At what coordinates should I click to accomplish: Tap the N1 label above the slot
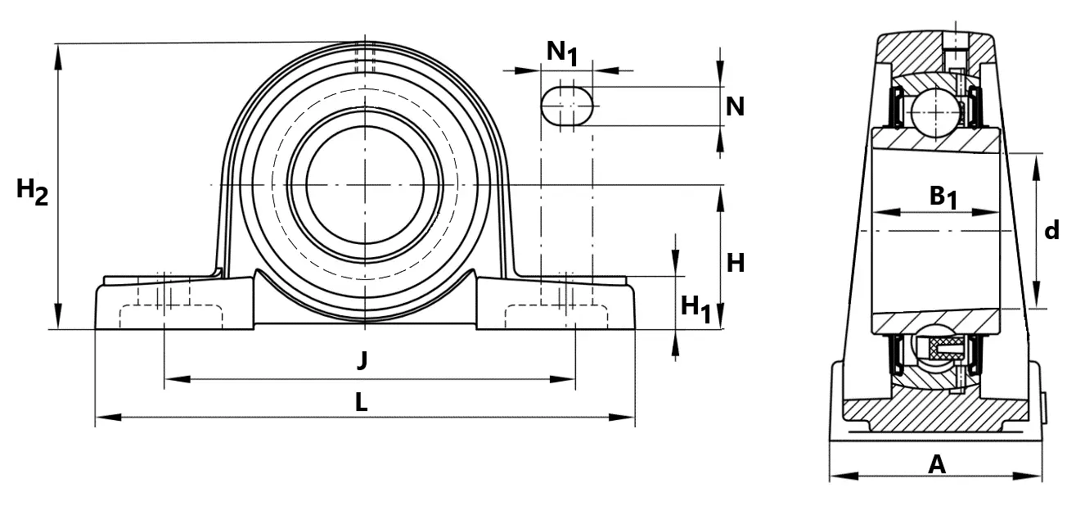coord(562,52)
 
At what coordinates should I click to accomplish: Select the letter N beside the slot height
coord(734,106)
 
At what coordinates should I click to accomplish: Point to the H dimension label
coord(736,263)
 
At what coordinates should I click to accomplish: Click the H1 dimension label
coord(696,309)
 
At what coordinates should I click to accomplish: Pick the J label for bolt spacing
coord(362,360)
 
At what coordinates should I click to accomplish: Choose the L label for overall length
coord(362,402)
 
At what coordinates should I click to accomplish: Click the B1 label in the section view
coord(943,198)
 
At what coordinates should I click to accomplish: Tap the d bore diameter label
coord(1051,230)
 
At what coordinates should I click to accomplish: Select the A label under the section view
coord(937,464)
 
